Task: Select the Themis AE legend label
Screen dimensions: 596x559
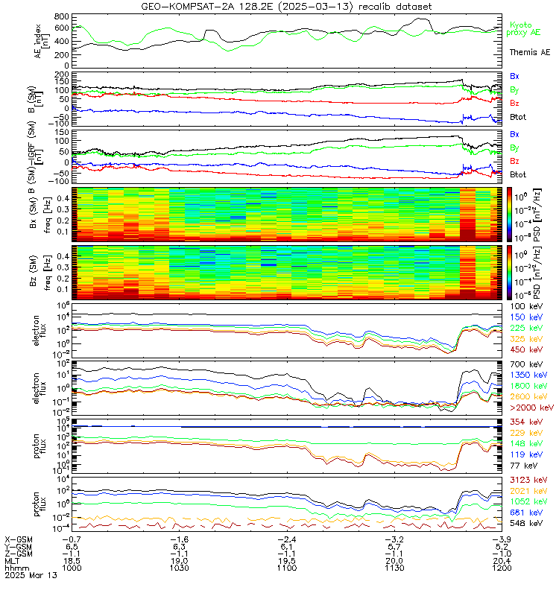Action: (x=529, y=53)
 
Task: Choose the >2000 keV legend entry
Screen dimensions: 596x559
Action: (x=531, y=408)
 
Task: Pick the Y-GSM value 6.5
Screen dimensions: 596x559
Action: (x=72, y=545)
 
